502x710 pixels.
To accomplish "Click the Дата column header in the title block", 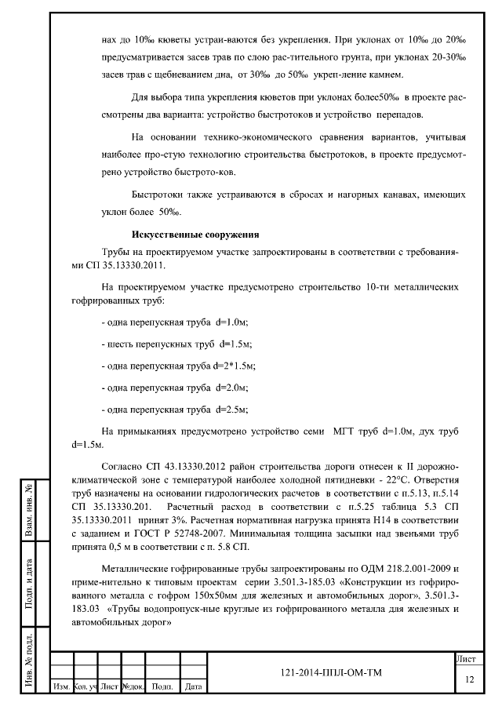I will point(192,687).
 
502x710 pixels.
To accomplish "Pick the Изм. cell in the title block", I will point(60,687).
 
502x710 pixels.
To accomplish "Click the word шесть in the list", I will point(122,344).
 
